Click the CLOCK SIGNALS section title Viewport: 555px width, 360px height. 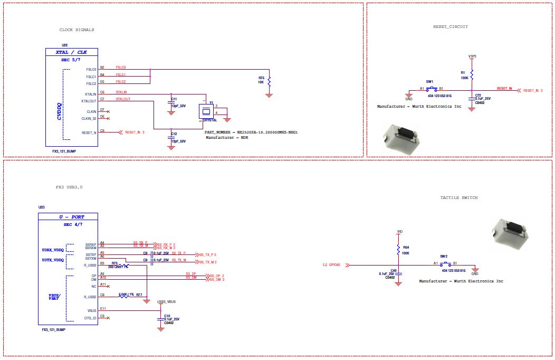tap(76, 30)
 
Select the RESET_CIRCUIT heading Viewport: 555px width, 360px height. tap(450, 26)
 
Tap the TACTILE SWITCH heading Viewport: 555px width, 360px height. tap(459, 197)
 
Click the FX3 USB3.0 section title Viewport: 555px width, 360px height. tap(69, 187)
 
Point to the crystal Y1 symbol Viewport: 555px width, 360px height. tap(206, 111)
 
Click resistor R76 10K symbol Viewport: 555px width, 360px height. tap(269, 82)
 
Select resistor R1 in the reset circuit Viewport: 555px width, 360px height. tap(472, 74)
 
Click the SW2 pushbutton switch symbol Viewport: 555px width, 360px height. tap(446, 263)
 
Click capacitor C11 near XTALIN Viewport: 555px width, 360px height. tap(171, 100)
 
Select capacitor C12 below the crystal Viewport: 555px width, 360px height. tap(171, 136)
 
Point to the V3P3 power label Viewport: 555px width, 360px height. tap(472, 56)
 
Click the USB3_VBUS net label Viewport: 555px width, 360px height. tap(167, 301)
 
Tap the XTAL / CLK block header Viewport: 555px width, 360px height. tap(71, 52)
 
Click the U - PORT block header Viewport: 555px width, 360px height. tap(71, 216)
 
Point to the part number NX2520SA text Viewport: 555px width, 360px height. tap(251, 132)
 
